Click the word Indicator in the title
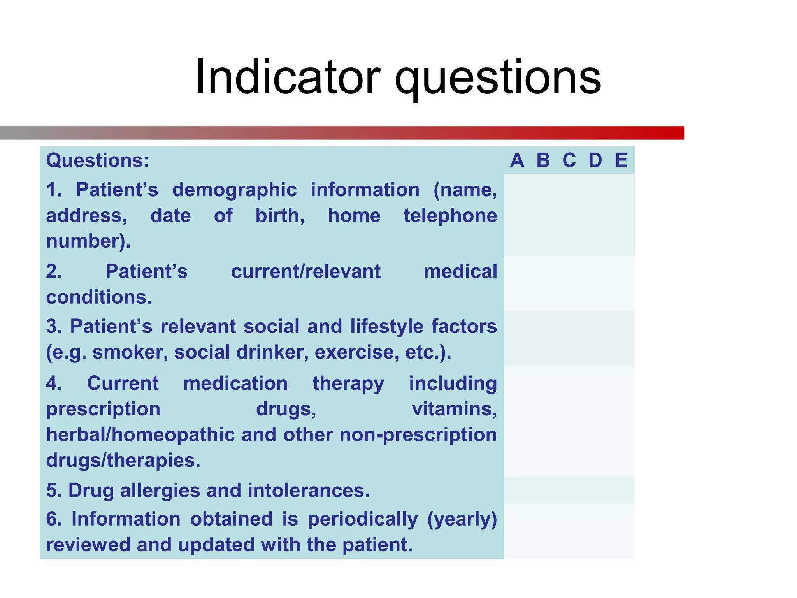click(x=288, y=77)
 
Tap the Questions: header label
click(x=98, y=160)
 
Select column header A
click(x=517, y=160)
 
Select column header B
click(x=543, y=160)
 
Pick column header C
click(x=569, y=160)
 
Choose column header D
click(x=595, y=160)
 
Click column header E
click(x=621, y=160)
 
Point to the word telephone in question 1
click(x=450, y=216)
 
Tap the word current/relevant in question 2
click(x=305, y=271)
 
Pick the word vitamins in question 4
click(x=454, y=409)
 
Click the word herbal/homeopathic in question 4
click(x=140, y=434)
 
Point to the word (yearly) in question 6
click(x=462, y=520)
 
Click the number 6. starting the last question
click(x=54, y=519)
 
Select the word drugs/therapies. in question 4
click(x=123, y=461)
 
